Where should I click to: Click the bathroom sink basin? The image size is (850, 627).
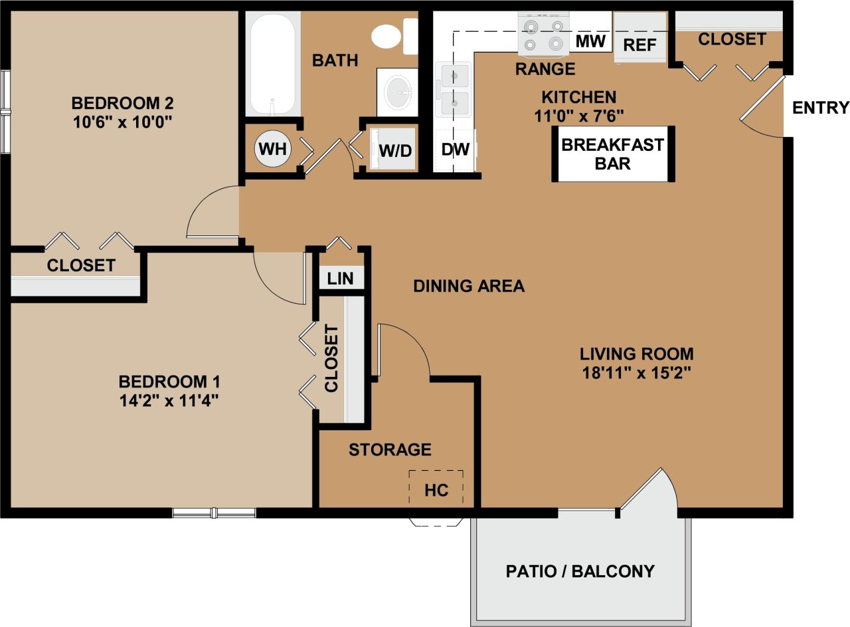[x=398, y=92]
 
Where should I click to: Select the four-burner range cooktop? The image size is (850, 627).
[x=543, y=34]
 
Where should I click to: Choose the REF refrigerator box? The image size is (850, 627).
[x=640, y=39]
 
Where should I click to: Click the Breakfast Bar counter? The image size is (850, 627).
[x=612, y=154]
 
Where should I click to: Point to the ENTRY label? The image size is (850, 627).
[x=821, y=108]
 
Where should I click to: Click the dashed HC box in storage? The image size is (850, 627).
[x=436, y=489]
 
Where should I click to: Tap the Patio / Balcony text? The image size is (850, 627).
[x=580, y=571]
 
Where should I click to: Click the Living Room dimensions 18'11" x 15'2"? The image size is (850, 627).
[x=636, y=373]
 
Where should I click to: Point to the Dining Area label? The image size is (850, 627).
[x=469, y=286]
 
